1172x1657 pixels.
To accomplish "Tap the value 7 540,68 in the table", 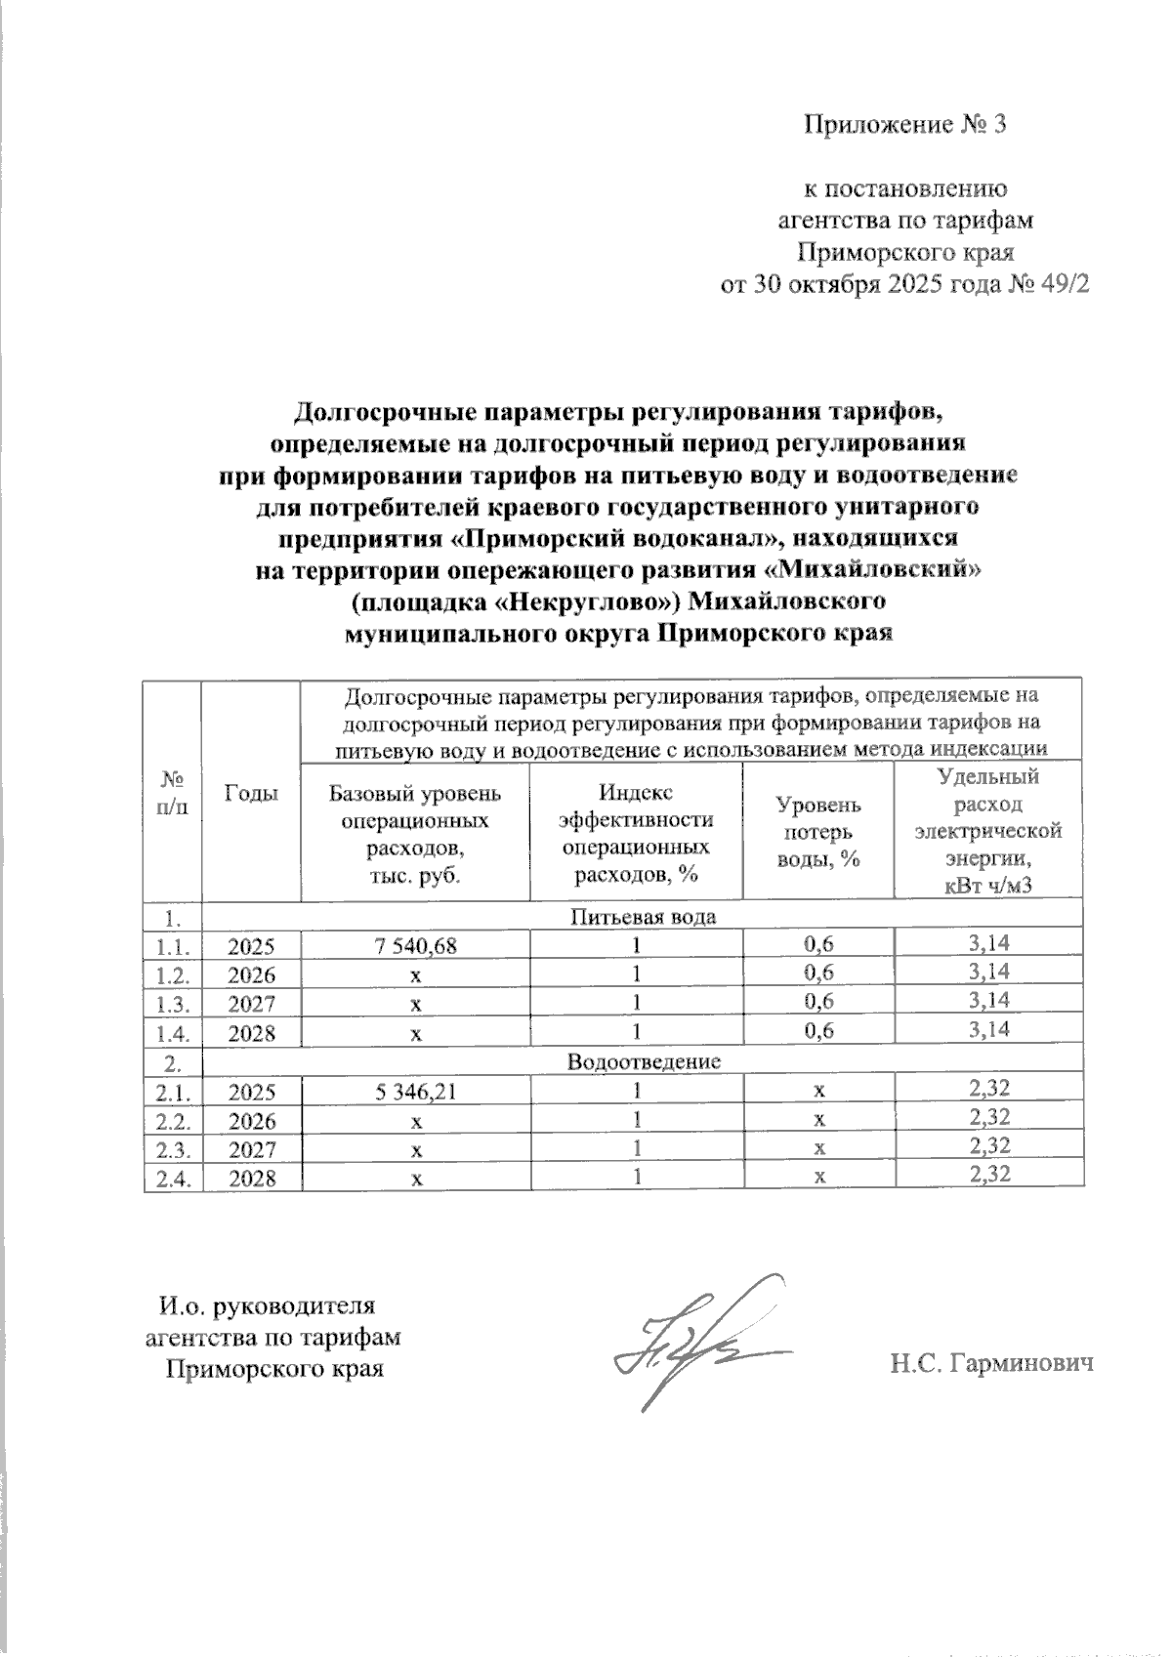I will (416, 945).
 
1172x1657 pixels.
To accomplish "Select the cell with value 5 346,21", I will (416, 1092).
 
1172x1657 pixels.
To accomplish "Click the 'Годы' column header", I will (251, 793).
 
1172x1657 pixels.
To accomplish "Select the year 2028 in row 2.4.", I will (251, 1179).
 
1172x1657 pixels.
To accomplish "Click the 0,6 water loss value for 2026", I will (817, 973).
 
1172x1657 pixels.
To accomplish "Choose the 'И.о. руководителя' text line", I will (267, 1305).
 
